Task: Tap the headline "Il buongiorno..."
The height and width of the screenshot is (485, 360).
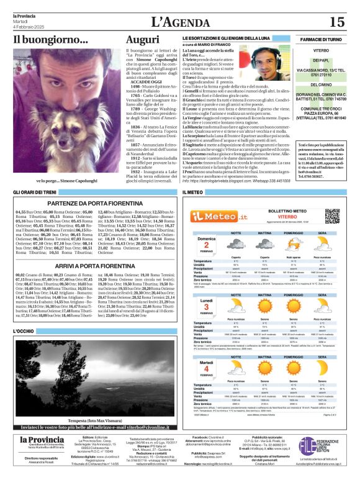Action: [51, 40]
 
